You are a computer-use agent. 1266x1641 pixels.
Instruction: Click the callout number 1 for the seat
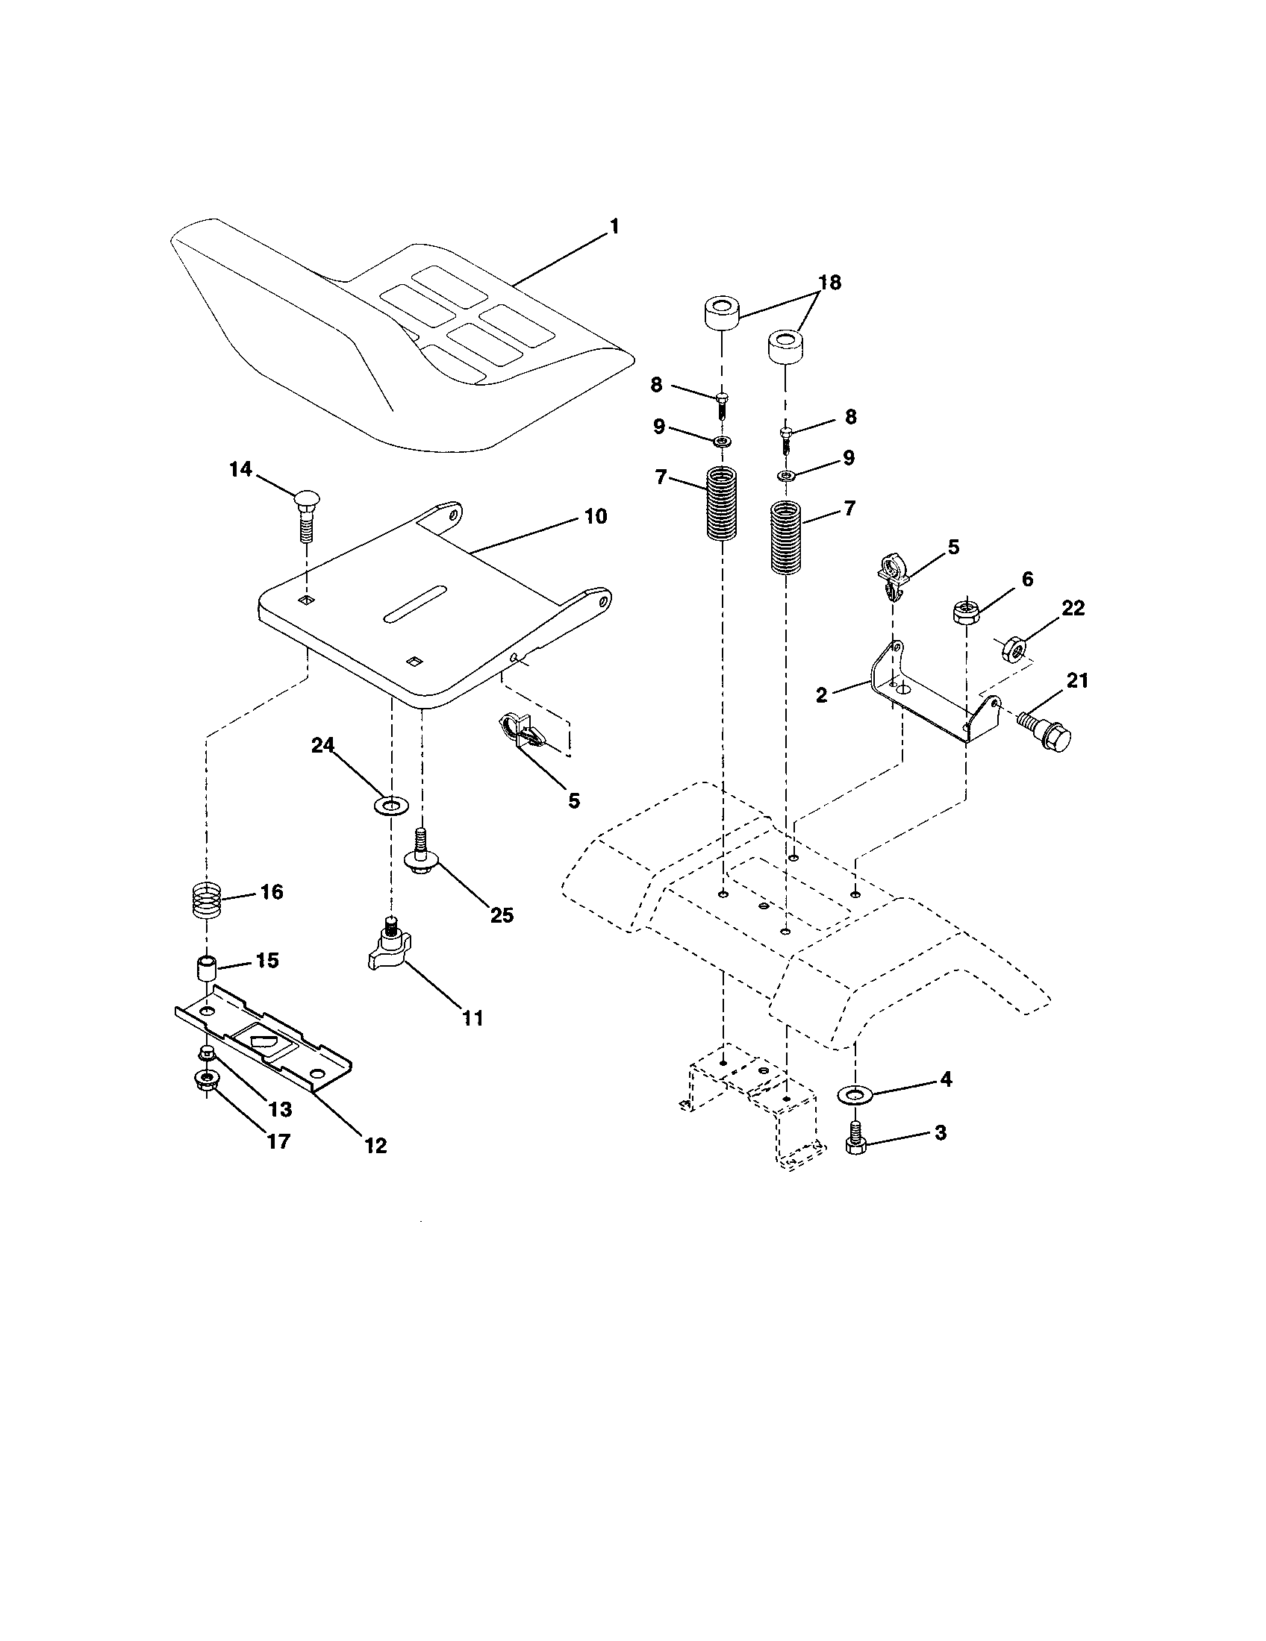click(614, 226)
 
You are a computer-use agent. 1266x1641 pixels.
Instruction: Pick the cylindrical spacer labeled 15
click(206, 967)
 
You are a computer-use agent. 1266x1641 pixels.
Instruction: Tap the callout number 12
click(375, 1145)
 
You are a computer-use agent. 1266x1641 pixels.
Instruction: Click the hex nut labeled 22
click(1015, 647)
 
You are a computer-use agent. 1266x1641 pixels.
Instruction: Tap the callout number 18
click(829, 283)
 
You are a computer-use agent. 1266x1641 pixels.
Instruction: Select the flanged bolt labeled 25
click(422, 856)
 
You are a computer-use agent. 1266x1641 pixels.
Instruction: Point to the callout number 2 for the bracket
click(821, 695)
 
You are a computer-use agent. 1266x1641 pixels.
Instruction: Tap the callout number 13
click(281, 1109)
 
